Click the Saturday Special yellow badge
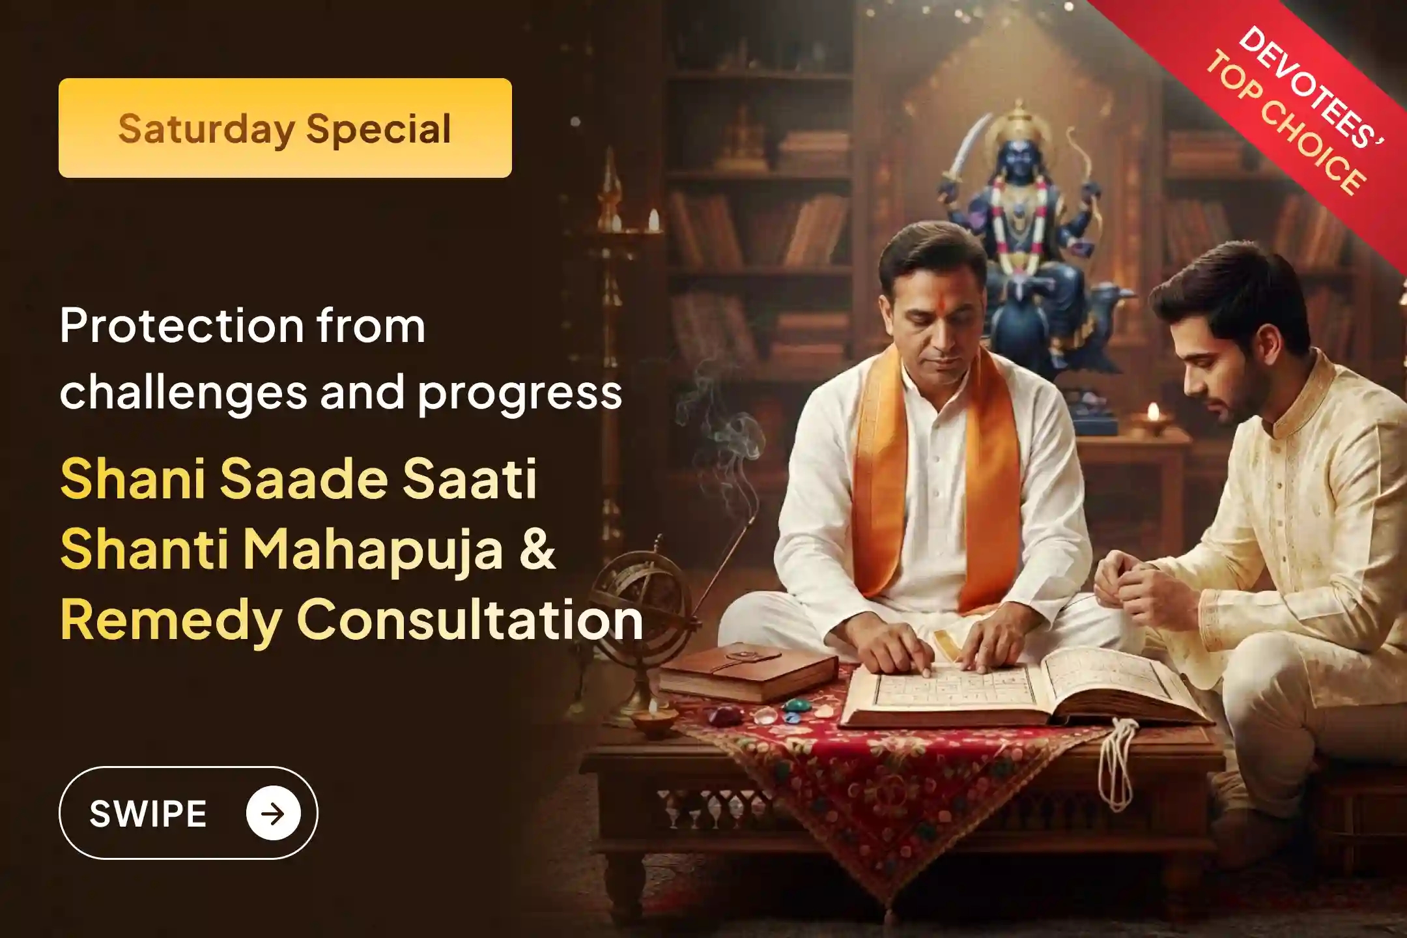(285, 128)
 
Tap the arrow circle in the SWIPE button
(273, 813)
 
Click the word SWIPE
(148, 814)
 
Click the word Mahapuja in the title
(373, 549)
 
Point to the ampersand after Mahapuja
(538, 549)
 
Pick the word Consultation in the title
(469, 619)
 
